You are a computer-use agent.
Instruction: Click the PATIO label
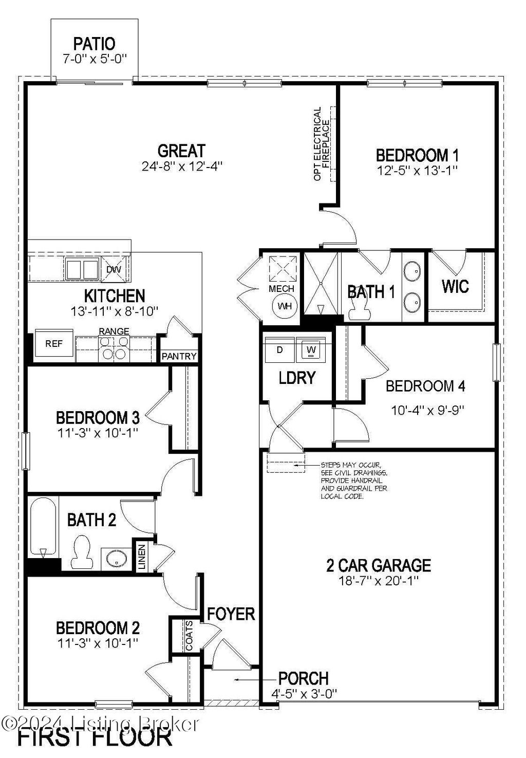pyautogui.click(x=94, y=44)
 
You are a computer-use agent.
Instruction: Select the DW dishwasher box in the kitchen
pyautogui.click(x=114, y=269)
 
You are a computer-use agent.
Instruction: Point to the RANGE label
pyautogui.click(x=114, y=331)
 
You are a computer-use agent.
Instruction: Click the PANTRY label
pyautogui.click(x=179, y=356)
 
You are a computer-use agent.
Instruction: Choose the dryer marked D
pyautogui.click(x=279, y=350)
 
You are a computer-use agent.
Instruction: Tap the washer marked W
pyautogui.click(x=311, y=350)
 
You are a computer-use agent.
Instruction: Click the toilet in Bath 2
pyautogui.click(x=82, y=552)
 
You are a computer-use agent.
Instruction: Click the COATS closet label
pyautogui.click(x=189, y=636)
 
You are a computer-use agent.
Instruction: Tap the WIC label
pyautogui.click(x=455, y=286)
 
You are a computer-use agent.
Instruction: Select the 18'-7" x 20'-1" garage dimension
pyautogui.click(x=379, y=581)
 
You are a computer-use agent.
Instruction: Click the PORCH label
pyautogui.click(x=303, y=678)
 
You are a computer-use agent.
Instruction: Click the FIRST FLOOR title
pyautogui.click(x=96, y=737)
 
